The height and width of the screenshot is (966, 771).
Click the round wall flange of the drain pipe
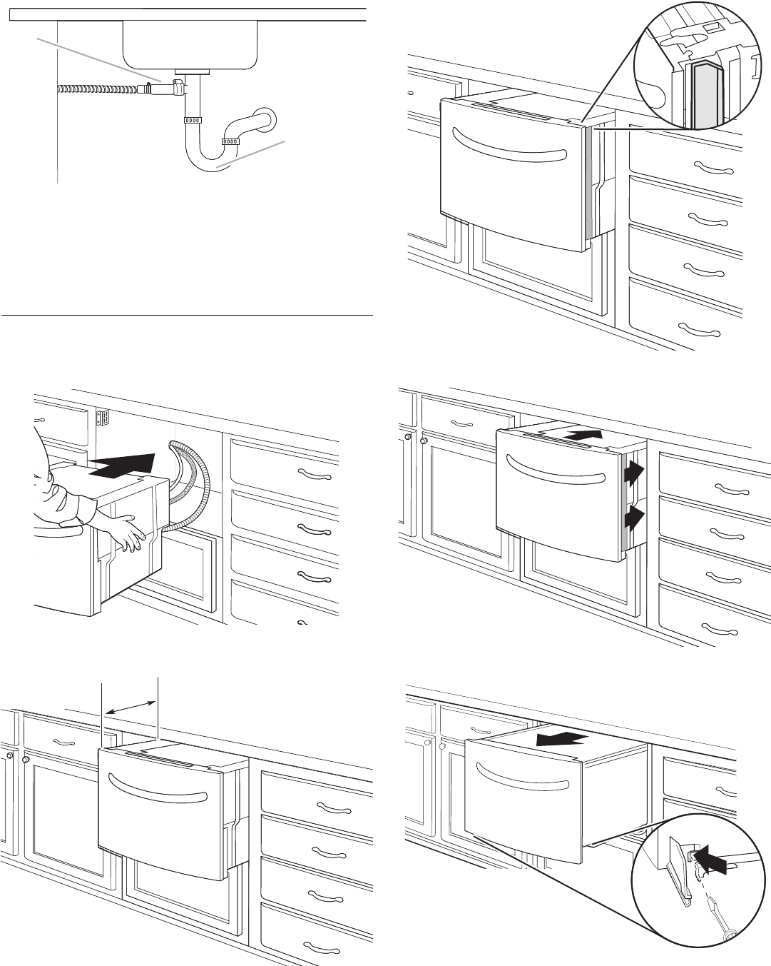pyautogui.click(x=263, y=119)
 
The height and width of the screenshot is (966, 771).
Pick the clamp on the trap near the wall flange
pyautogui.click(x=230, y=141)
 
